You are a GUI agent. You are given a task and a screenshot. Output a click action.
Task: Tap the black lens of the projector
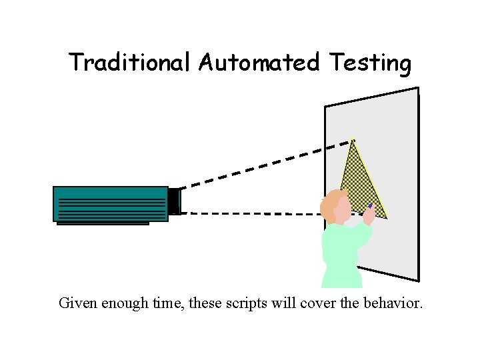pos(174,201)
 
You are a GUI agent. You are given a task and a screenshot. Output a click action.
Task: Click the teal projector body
pos(110,203)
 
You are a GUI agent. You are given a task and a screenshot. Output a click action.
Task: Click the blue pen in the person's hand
pos(370,206)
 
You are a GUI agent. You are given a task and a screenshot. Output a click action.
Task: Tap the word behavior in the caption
pos(393,303)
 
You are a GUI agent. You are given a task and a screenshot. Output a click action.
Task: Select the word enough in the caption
pos(129,303)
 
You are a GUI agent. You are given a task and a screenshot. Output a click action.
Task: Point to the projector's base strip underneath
pos(103,223)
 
